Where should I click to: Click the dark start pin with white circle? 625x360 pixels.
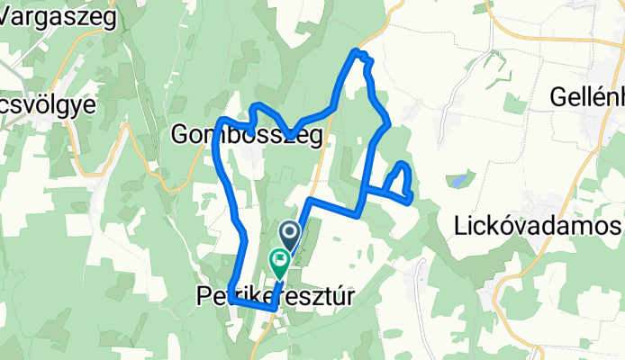point(290,236)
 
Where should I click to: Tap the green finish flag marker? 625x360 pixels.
point(279,262)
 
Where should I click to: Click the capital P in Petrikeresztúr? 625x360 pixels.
point(203,294)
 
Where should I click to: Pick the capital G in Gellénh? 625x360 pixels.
point(558,94)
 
